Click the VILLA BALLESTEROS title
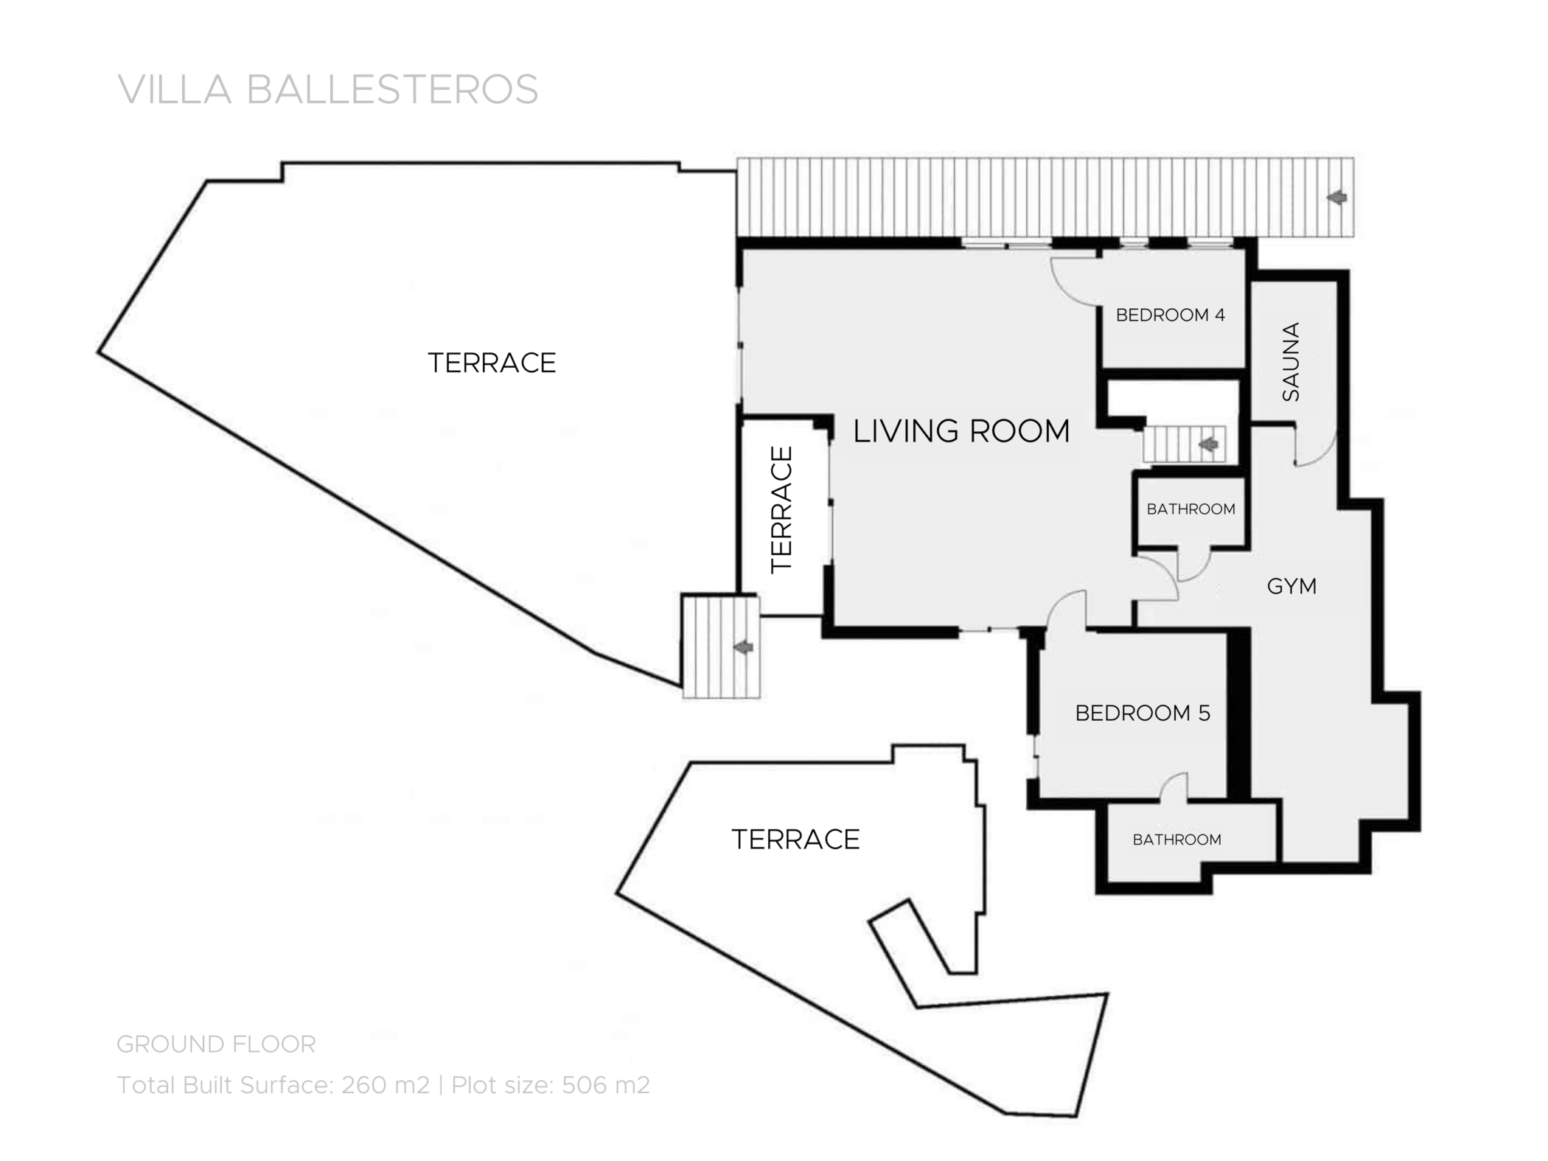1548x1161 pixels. pyautogui.click(x=328, y=90)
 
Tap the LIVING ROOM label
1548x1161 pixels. pyautogui.click(x=960, y=431)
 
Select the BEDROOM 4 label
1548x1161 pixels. pyautogui.click(x=1170, y=315)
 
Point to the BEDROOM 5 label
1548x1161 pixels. pyautogui.click(x=1143, y=713)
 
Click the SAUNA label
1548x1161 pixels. pyautogui.click(x=1291, y=362)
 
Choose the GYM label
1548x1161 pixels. pyautogui.click(x=1291, y=586)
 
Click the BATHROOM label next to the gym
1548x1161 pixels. pyautogui.click(x=1190, y=509)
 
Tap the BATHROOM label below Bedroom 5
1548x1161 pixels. pyautogui.click(x=1176, y=840)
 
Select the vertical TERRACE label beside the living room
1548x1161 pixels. pyautogui.click(x=781, y=509)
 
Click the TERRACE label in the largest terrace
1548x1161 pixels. pyautogui.click(x=492, y=363)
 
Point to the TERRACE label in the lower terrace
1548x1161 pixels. pyautogui.click(x=795, y=840)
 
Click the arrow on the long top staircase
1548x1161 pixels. pyautogui.click(x=1336, y=198)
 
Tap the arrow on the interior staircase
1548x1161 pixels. pyautogui.click(x=1207, y=444)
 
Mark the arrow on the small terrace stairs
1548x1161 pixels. pyautogui.click(x=743, y=647)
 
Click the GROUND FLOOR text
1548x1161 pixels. pyautogui.click(x=216, y=1044)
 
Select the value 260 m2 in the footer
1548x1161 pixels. pyautogui.click(x=385, y=1085)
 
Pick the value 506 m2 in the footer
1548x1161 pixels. pyautogui.click(x=605, y=1085)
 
